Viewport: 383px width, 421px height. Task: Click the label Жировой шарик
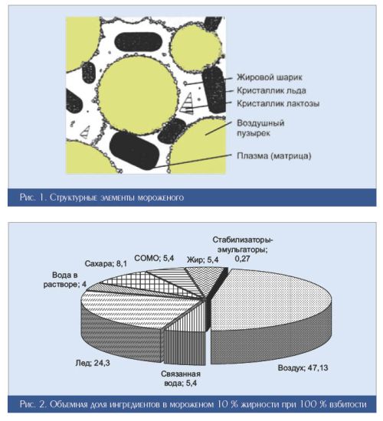(270, 77)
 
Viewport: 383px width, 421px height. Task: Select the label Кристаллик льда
(271, 90)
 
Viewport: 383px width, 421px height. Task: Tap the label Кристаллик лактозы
(278, 103)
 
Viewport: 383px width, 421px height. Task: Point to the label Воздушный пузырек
(260, 128)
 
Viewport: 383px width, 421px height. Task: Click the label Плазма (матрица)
(274, 155)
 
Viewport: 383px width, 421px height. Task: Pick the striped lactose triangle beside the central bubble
(188, 103)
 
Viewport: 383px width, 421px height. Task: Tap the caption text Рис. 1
(34, 197)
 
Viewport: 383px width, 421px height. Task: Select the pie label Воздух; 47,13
(303, 367)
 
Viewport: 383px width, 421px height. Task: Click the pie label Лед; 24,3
(93, 363)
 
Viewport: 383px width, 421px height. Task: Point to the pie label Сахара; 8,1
(106, 263)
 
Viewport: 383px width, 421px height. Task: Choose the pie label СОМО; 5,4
(154, 258)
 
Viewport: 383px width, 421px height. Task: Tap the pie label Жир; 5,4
(202, 259)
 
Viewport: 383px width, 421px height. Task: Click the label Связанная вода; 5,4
(181, 378)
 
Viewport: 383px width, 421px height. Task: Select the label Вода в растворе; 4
(65, 279)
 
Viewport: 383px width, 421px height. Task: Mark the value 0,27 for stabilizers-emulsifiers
(242, 259)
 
